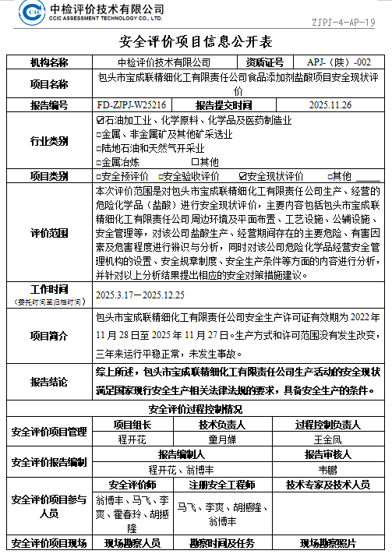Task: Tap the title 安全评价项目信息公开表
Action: tap(196, 42)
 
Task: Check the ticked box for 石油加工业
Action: tap(98, 121)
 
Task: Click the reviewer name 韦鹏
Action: tap(327, 469)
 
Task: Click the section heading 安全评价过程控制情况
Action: tap(196, 409)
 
